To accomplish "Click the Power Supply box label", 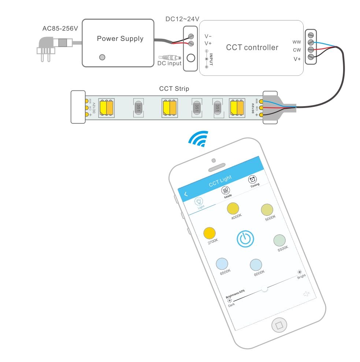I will coord(120,38).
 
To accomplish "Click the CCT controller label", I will coord(252,47).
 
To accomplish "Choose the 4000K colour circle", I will coord(233,208).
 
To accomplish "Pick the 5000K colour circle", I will coord(267,209).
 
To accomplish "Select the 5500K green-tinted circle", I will coord(279,240).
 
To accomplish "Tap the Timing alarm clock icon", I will coord(252,179).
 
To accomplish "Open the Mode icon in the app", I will coord(225,190).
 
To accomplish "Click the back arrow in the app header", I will coord(186,194).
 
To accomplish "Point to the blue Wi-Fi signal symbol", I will coord(198,139).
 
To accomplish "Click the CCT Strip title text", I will coord(174,89).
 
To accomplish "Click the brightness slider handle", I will coord(264,289).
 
